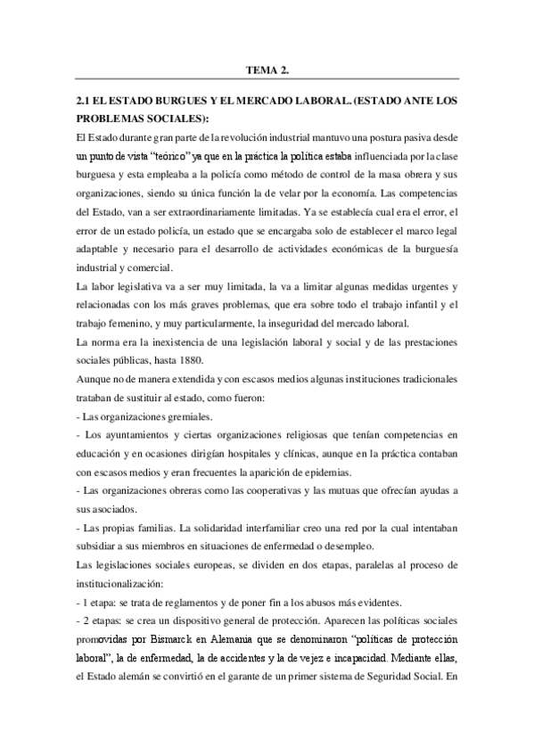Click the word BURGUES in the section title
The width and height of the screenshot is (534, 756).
pyautogui.click(x=178, y=103)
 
